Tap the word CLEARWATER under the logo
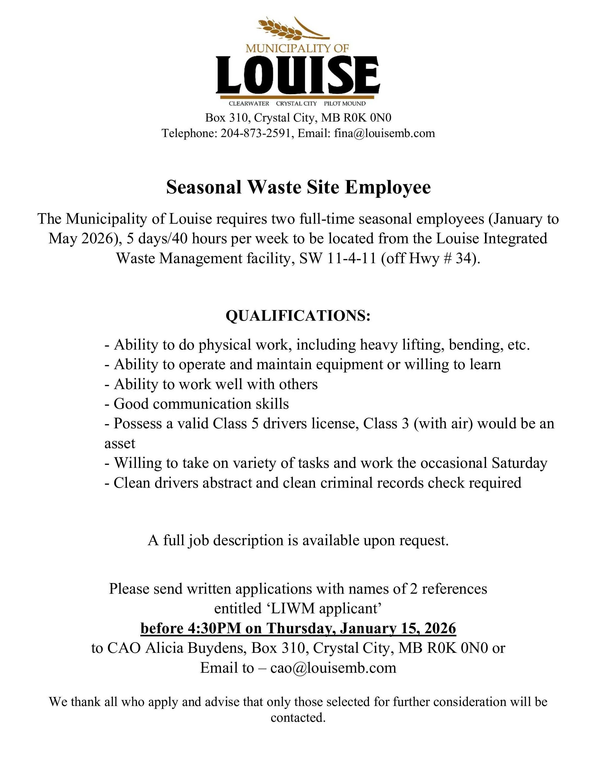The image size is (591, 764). (249, 104)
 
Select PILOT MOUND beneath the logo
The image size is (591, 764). (344, 104)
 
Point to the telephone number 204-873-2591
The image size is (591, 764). (255, 133)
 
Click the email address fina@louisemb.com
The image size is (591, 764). (384, 133)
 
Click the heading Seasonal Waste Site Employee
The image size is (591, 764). (298, 187)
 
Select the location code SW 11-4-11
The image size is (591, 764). (338, 259)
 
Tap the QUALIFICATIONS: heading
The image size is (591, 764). (298, 316)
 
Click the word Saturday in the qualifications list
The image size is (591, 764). (519, 463)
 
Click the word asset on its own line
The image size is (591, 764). (120, 444)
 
